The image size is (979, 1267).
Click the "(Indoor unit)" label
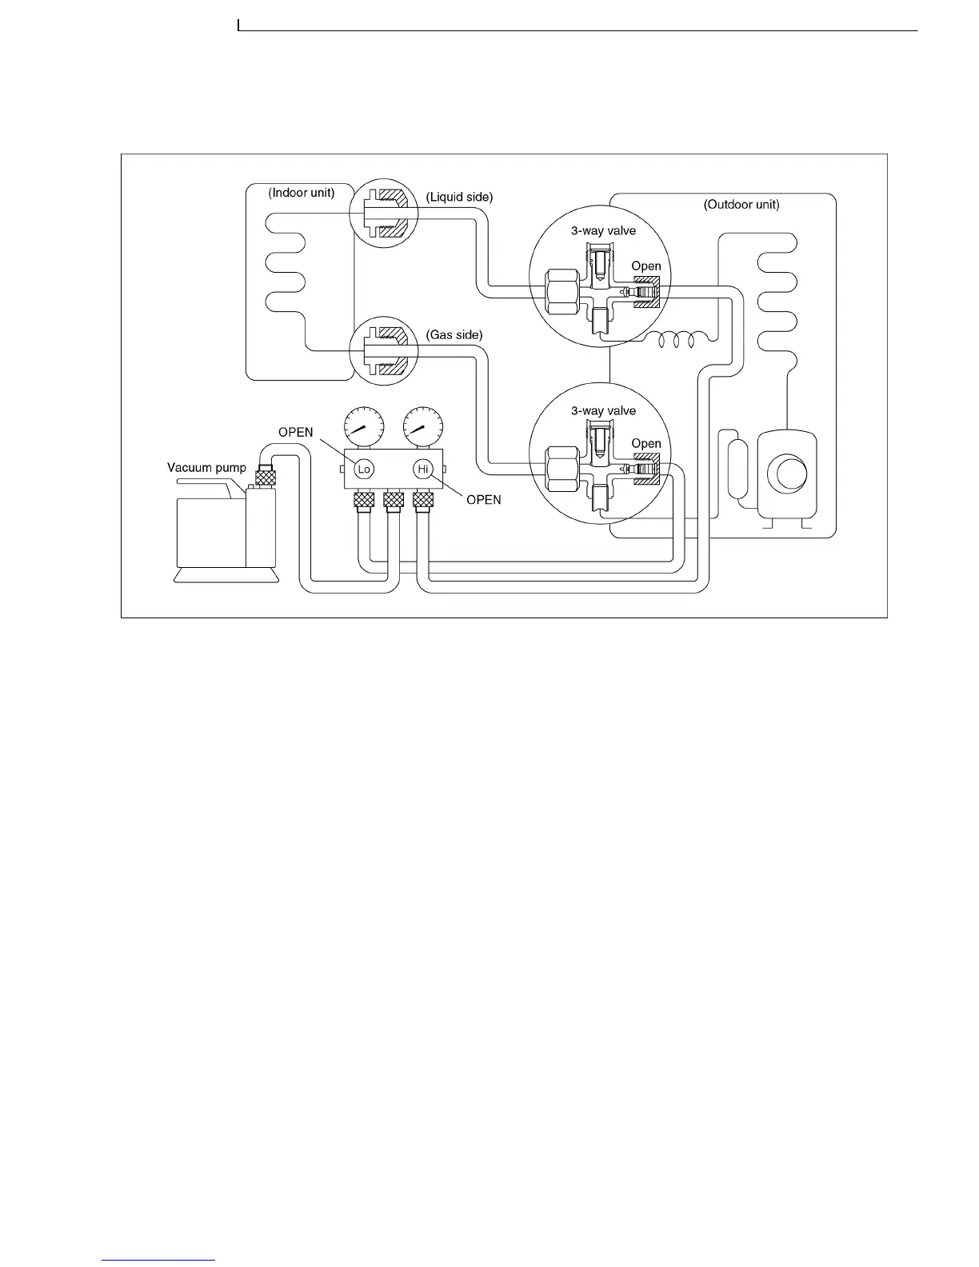(x=301, y=193)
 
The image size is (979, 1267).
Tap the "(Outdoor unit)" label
(x=741, y=205)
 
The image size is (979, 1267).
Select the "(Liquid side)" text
(x=459, y=197)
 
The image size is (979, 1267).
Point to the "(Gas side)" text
(x=454, y=334)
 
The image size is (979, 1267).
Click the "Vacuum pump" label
(x=206, y=468)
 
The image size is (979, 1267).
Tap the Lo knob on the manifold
(x=364, y=469)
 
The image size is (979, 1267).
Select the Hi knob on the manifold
(x=423, y=469)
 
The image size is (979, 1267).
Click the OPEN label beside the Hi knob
(x=483, y=500)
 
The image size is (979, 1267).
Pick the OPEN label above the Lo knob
(x=295, y=433)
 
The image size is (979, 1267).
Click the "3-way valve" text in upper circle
(x=603, y=231)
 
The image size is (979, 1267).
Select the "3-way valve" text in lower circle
(x=603, y=411)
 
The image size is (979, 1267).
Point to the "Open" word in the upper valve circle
(x=645, y=266)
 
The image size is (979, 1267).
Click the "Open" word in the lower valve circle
(x=645, y=444)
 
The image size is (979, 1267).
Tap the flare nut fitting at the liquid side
(x=384, y=213)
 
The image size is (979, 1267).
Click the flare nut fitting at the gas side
(x=384, y=351)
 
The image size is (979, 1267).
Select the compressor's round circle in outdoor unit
(x=789, y=474)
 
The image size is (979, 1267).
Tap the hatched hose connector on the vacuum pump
(x=265, y=478)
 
